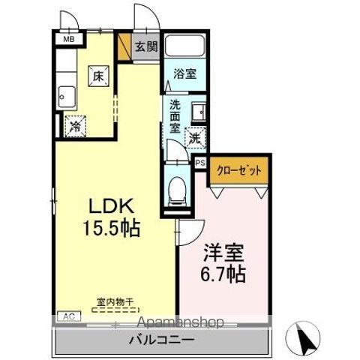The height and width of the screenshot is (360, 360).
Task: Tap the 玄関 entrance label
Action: (145, 46)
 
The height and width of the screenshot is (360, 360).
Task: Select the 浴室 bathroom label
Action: (185, 75)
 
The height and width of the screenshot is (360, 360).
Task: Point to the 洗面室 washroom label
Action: (175, 115)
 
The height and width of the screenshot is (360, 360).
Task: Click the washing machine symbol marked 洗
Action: (195, 138)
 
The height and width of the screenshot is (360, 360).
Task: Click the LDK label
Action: (113, 203)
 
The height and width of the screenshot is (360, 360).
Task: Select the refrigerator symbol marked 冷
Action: (76, 127)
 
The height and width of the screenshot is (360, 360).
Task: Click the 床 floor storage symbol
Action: (98, 75)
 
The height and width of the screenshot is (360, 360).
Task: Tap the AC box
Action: (67, 316)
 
